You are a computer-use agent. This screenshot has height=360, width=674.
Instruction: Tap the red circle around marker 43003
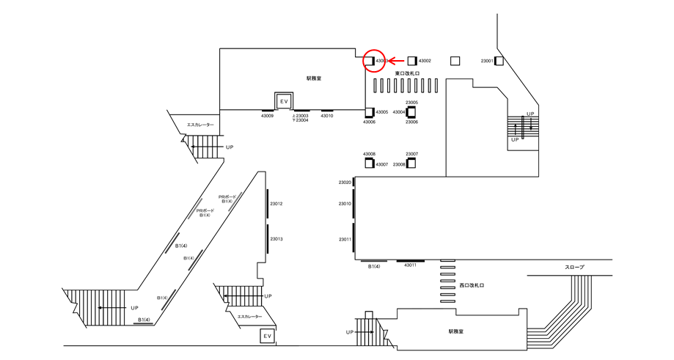pos(376,61)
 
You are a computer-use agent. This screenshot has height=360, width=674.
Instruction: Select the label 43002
pos(425,61)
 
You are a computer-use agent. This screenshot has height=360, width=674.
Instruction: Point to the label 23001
pos(487,61)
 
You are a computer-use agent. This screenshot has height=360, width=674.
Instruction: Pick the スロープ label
pos(574,268)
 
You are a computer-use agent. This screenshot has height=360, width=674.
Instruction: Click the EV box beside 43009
pos(283,100)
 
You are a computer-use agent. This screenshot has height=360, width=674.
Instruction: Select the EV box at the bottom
pos(268,336)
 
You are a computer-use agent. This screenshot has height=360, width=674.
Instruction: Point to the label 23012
pos(276,204)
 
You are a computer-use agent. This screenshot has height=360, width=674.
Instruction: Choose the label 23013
pos(276,239)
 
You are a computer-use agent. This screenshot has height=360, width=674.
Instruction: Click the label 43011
pos(410,266)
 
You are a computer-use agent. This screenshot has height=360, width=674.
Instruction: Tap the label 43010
pos(327,116)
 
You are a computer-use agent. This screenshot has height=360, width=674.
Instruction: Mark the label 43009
pos(267,116)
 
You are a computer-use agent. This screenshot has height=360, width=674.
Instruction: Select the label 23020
pos(345,183)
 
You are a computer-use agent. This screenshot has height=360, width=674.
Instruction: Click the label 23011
pos(345,240)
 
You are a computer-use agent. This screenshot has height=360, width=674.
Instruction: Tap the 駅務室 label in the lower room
pos(456,331)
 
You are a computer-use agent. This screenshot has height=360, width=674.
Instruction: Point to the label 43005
pos(382,112)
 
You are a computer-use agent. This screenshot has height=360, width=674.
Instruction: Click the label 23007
pos(412,155)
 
